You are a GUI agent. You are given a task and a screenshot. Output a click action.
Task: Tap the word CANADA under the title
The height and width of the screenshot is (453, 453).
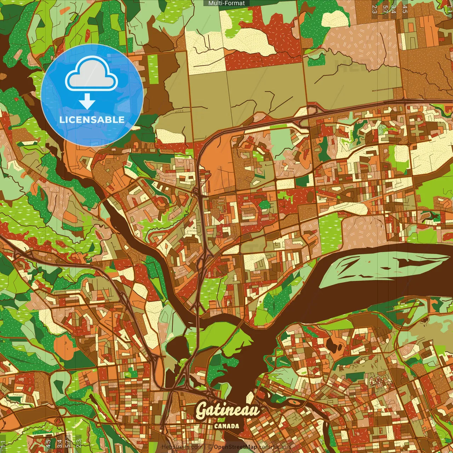[226, 426]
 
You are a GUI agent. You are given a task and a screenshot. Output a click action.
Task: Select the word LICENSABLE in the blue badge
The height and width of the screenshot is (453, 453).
[92, 120]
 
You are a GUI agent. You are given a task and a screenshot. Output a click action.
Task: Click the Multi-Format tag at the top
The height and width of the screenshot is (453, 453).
[226, 3]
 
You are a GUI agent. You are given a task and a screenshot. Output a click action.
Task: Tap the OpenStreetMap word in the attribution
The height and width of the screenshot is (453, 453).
[235, 447]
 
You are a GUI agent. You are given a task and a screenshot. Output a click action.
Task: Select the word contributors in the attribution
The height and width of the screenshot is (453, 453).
[275, 447]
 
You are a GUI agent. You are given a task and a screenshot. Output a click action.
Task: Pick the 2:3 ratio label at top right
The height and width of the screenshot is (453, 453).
[374, 9]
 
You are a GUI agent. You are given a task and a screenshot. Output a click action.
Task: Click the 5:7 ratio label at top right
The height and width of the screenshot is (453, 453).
[385, 9]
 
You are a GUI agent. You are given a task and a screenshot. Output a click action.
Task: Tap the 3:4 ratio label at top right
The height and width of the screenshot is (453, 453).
[394, 9]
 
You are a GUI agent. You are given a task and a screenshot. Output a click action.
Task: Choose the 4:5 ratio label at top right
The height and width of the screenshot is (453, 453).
[405, 9]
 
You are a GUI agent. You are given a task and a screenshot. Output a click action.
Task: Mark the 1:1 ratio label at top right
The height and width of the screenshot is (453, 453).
[449, 9]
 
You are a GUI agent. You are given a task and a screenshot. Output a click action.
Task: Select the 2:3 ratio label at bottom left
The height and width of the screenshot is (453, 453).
[79, 443]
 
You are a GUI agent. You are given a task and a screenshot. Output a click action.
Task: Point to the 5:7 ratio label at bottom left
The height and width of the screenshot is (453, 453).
[68, 443]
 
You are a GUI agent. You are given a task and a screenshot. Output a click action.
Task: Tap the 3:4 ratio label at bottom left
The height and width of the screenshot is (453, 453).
[59, 443]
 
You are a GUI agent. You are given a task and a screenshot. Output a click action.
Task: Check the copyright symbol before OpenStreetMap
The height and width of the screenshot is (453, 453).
[210, 447]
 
